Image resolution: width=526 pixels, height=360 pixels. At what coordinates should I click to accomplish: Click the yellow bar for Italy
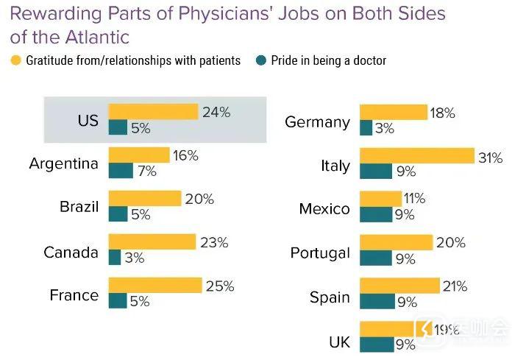416,156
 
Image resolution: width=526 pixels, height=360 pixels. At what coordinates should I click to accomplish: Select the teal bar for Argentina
121,171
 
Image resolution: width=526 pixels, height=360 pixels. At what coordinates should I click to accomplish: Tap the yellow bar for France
154,285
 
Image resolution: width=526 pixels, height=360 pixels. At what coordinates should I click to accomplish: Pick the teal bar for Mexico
376,215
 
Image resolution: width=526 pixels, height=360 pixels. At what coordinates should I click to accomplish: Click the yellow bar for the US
153,112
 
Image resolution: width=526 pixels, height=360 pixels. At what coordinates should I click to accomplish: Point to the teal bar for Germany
366,128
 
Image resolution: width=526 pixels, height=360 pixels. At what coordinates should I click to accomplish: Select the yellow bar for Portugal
396,242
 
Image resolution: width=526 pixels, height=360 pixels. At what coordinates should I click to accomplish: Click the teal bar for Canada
114,258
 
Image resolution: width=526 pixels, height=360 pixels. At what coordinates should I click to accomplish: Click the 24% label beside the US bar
216,112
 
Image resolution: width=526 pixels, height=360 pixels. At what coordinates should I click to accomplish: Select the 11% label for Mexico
415,199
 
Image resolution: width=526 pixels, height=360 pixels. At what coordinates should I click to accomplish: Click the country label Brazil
79,207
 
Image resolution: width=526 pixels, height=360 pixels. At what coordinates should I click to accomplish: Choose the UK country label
339,342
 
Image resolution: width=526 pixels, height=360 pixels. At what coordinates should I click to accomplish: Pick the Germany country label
317,121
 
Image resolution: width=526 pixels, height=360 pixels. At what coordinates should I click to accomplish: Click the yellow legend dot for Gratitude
17,61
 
